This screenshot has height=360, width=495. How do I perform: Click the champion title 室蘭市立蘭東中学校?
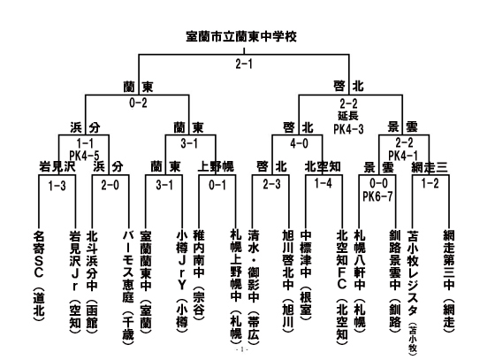[241, 36]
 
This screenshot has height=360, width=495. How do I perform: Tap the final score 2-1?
[244, 64]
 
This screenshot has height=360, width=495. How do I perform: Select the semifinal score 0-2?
[138, 103]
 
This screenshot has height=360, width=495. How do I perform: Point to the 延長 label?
[348, 116]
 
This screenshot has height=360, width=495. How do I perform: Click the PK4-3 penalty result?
[348, 129]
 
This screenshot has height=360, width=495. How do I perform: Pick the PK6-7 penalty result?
[377, 196]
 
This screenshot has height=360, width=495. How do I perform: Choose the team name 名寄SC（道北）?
[39, 276]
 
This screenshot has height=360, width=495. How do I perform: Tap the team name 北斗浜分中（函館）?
[92, 280]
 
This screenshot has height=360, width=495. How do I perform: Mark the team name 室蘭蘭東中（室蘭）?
[146, 282]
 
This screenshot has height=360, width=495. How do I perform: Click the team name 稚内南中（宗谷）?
[199, 276]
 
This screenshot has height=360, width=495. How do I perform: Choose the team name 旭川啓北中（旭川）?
[288, 281]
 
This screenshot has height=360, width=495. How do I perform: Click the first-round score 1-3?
[57, 186]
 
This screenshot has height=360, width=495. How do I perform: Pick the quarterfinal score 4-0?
[299, 143]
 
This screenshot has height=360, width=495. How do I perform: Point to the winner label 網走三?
[430, 167]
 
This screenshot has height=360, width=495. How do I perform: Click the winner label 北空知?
[323, 166]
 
